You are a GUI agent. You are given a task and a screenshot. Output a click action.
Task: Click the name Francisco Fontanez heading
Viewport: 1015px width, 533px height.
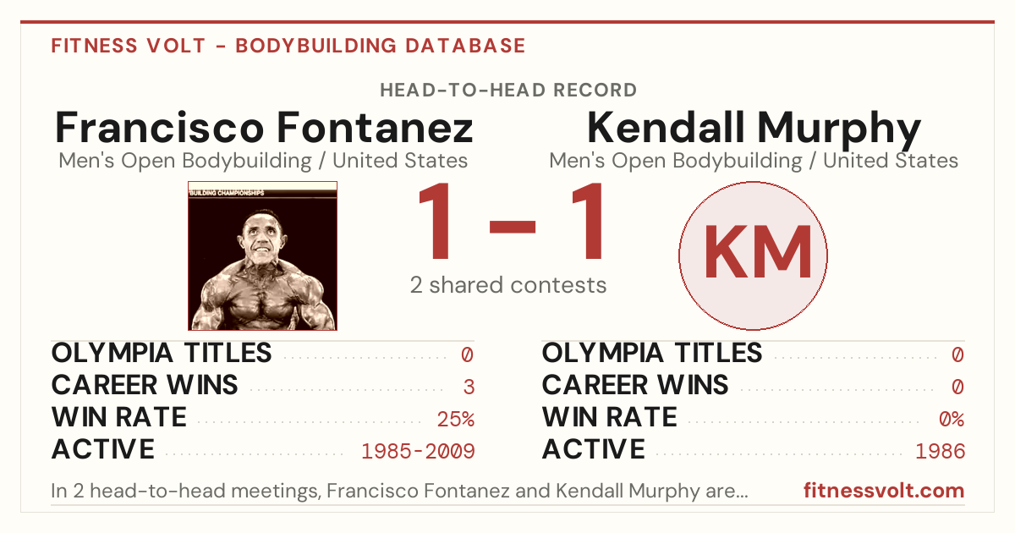[x=264, y=128]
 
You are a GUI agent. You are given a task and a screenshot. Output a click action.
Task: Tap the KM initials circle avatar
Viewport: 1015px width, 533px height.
[x=753, y=256]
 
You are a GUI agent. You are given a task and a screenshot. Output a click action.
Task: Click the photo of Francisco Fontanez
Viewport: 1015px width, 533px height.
[x=262, y=256]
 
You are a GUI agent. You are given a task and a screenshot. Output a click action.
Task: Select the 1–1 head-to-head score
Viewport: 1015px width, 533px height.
[x=511, y=221]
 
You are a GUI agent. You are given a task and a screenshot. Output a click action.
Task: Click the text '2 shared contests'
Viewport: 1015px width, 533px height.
[x=508, y=286]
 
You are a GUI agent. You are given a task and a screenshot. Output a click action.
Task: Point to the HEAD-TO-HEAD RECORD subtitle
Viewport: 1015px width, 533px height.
[x=508, y=91]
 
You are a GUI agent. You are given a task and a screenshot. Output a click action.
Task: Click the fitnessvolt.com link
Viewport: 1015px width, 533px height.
[x=884, y=491]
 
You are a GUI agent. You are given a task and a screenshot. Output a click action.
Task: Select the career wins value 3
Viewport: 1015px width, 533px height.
[x=469, y=387]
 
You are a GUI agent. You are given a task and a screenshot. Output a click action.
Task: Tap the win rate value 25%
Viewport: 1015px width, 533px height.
[x=456, y=420]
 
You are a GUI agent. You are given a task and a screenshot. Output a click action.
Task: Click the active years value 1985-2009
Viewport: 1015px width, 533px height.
[x=418, y=452]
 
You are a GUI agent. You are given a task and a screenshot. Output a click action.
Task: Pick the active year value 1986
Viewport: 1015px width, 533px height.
[x=941, y=452]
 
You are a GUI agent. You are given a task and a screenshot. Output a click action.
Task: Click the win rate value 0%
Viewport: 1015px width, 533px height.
[x=952, y=420]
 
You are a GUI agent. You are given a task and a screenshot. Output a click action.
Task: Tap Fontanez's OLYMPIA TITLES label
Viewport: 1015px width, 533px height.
[x=162, y=353]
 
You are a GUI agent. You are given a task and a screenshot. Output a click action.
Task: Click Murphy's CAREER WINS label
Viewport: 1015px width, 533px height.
[x=635, y=385]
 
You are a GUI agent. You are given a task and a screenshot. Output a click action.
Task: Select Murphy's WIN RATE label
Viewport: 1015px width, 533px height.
[x=610, y=417]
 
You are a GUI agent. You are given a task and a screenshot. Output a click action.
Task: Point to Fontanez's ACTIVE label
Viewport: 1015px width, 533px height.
[x=103, y=449]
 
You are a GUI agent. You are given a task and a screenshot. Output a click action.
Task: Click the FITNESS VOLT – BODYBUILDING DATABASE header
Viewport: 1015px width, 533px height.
[x=288, y=46]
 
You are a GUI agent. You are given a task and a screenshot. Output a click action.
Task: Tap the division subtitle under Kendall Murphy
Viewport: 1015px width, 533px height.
[x=754, y=161]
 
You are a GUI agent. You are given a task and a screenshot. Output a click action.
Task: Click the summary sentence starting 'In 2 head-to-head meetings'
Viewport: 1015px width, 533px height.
[x=399, y=491]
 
